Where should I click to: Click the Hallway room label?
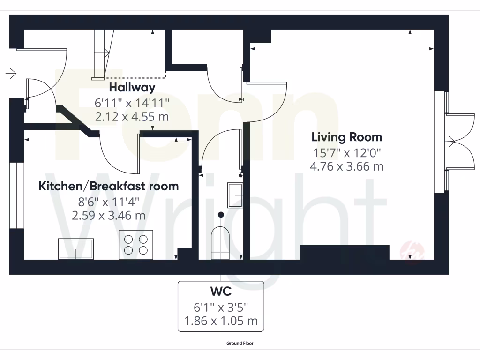tap(132, 87)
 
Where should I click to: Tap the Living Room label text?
tap(346, 137)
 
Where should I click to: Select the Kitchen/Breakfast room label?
tap(108, 186)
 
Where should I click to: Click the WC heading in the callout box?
tap(221, 292)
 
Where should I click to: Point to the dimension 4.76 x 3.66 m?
tap(346, 166)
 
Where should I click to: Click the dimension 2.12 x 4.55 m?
tap(132, 116)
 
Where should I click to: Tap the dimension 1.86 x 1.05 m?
tap(221, 321)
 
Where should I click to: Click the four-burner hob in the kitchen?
tap(135, 244)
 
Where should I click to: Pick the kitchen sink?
tap(76, 248)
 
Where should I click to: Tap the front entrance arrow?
tap(11, 73)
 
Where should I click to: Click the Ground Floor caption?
tap(240, 343)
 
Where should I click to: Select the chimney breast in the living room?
tap(345, 252)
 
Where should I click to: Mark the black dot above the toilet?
tap(220, 214)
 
